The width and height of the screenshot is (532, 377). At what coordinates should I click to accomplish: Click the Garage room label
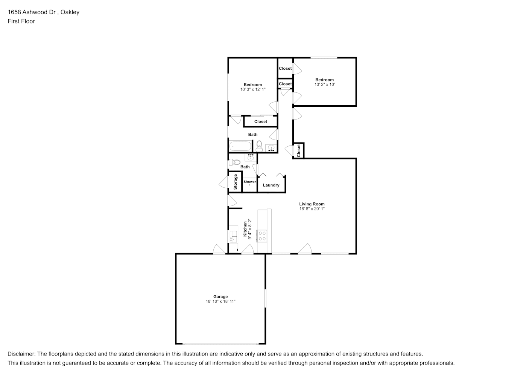[x=220, y=297]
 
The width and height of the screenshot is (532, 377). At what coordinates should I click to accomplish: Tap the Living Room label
[x=312, y=204]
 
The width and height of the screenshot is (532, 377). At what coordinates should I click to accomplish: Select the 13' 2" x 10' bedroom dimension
[x=325, y=84]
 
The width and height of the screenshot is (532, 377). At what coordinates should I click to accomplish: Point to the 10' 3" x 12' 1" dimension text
[x=253, y=89]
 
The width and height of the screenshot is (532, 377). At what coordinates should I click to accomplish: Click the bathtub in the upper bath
[x=240, y=146]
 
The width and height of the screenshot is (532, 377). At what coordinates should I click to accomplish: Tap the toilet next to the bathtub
[x=259, y=146]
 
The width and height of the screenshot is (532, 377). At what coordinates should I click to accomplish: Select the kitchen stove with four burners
[x=262, y=236]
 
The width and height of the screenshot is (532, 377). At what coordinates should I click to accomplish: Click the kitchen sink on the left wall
[x=233, y=236]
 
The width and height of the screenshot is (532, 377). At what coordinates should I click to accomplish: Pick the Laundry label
[x=271, y=185]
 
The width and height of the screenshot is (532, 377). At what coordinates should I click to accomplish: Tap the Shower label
[x=249, y=182]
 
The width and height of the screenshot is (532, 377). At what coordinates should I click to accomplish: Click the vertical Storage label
[x=236, y=182]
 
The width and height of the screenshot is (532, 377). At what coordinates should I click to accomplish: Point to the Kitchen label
[x=245, y=229]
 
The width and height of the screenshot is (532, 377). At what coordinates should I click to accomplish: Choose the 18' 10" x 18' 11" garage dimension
[x=220, y=301]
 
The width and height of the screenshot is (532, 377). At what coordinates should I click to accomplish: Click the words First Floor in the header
[x=21, y=21]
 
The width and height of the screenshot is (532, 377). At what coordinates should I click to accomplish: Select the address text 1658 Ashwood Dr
[x=32, y=12]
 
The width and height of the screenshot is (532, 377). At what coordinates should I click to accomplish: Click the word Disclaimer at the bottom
[x=21, y=354]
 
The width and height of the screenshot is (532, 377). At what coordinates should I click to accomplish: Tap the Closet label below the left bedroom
[x=260, y=122]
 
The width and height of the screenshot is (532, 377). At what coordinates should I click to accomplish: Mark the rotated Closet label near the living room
[x=298, y=151]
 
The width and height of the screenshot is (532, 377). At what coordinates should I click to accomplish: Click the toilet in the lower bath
[x=235, y=162]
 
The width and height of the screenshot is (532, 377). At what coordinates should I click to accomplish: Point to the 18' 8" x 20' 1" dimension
[x=312, y=209]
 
